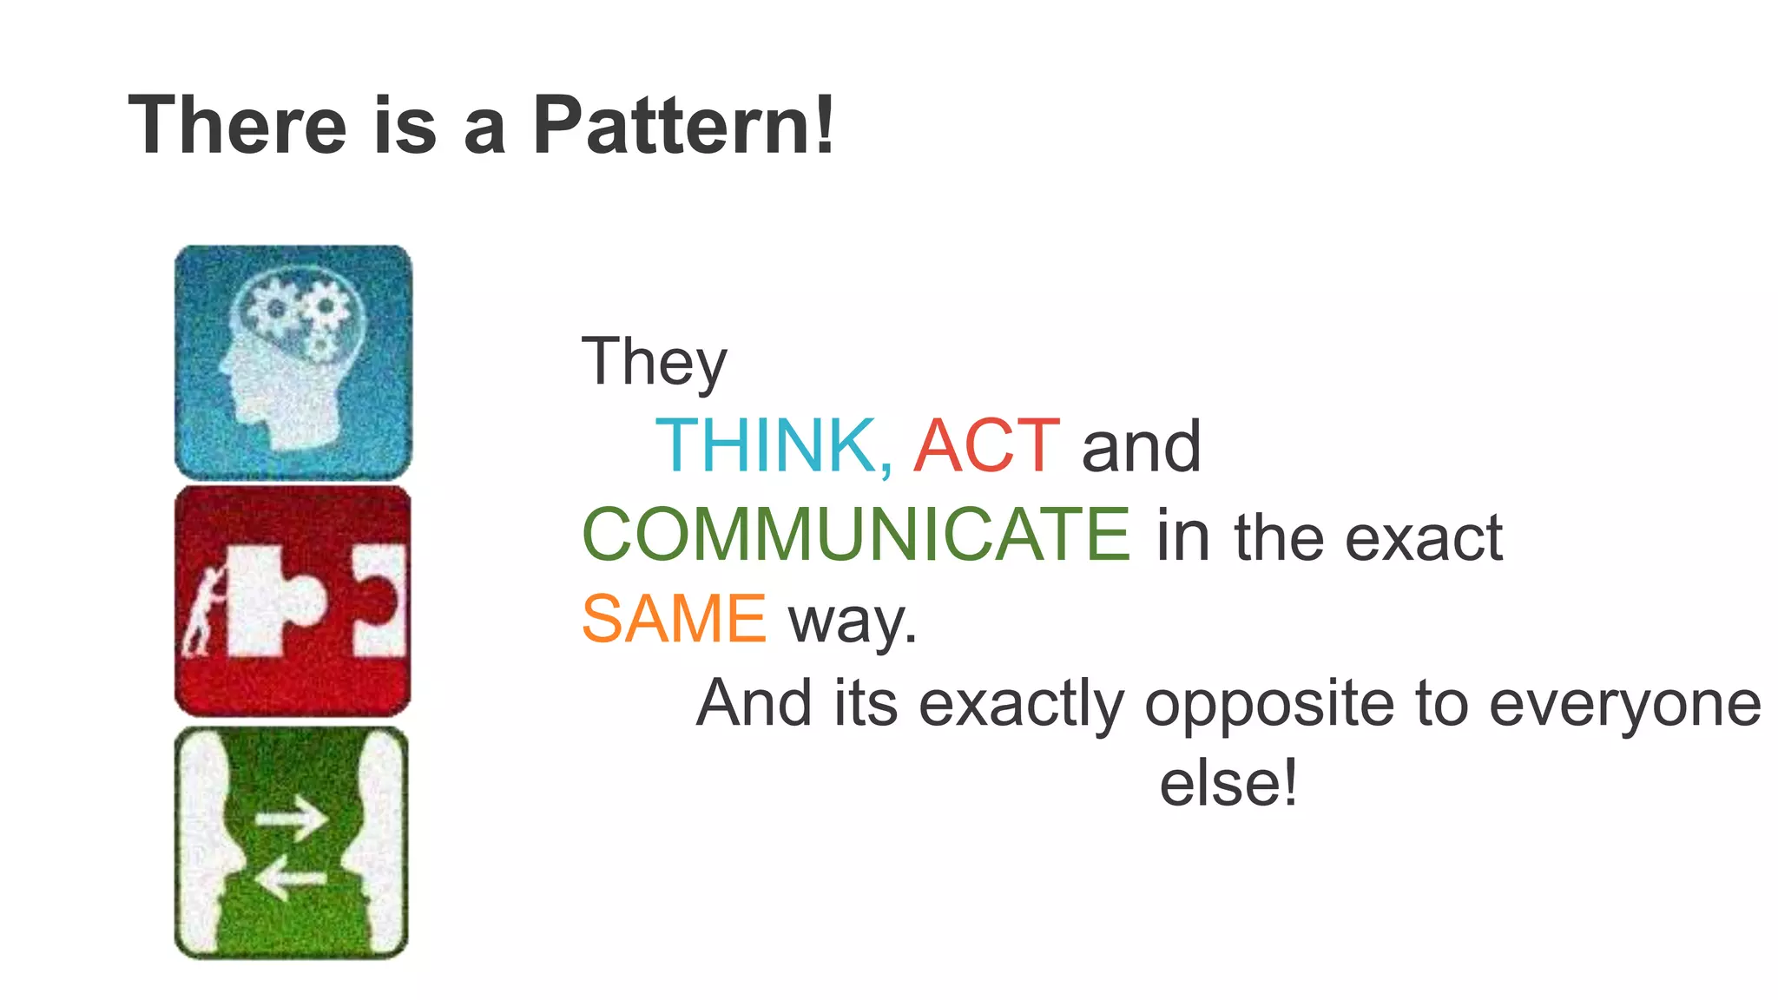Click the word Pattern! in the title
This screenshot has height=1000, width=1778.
tap(683, 127)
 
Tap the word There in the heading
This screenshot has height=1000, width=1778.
tap(237, 127)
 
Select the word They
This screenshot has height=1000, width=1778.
tap(654, 362)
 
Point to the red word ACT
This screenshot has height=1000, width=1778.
tap(986, 445)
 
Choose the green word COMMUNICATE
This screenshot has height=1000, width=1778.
tap(856, 535)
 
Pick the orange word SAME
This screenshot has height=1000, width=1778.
tap(674, 618)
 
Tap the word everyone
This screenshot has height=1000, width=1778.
tap(1624, 704)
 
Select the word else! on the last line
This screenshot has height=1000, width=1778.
tap(1228, 782)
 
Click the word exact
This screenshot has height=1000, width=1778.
tap(1424, 538)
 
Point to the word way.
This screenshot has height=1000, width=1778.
tap(852, 621)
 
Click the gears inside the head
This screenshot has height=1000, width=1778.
tap(300, 312)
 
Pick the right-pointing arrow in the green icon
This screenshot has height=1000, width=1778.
tap(291, 818)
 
